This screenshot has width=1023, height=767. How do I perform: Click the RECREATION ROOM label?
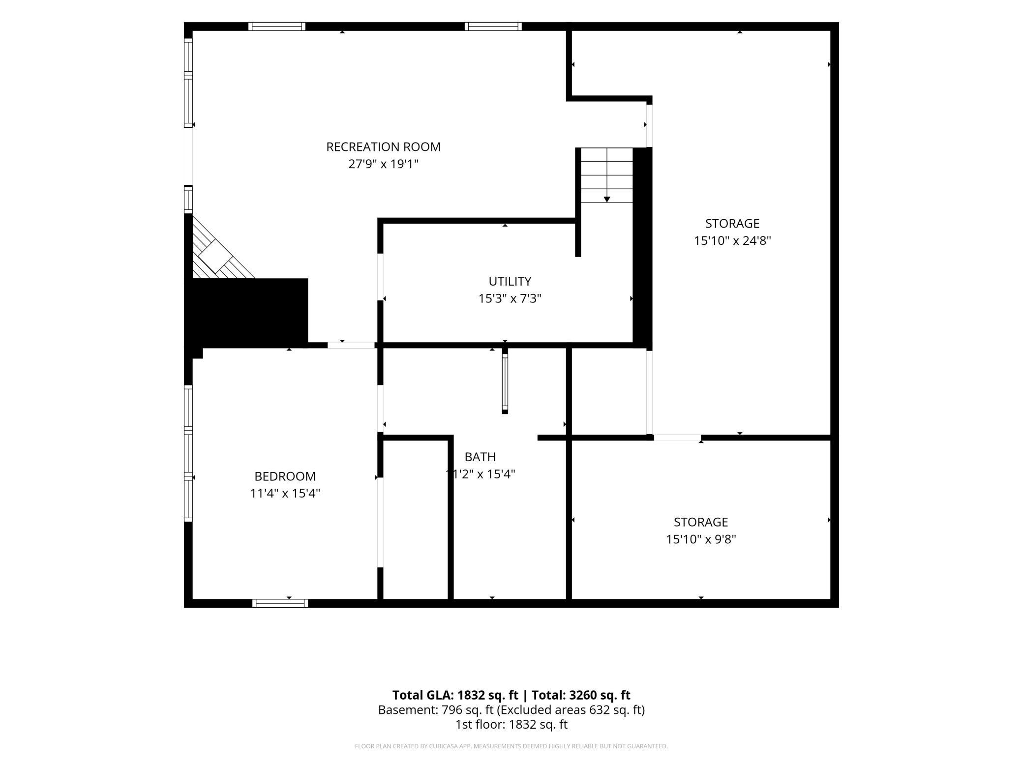383,147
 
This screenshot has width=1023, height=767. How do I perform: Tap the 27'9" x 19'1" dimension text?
383,164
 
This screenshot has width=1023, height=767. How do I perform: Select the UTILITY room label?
510,281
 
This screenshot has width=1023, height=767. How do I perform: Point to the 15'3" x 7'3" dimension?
510,298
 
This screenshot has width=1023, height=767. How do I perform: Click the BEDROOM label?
285,476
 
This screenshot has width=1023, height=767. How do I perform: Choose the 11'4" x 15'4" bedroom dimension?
285,493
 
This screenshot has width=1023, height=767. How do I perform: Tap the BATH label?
480,457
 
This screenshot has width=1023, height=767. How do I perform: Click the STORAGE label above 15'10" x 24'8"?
732,223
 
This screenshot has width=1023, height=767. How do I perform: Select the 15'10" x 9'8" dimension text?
701,539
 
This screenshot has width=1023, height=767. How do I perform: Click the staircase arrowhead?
607,199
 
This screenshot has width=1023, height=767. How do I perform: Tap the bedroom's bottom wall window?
280,603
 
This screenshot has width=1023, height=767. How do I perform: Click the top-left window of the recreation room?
276,27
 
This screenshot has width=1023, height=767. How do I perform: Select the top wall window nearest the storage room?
493,27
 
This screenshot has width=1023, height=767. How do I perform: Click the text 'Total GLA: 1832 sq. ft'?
455,695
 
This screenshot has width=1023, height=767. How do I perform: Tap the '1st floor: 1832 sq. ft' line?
511,724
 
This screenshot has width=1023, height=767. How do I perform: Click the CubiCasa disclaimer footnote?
511,746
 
